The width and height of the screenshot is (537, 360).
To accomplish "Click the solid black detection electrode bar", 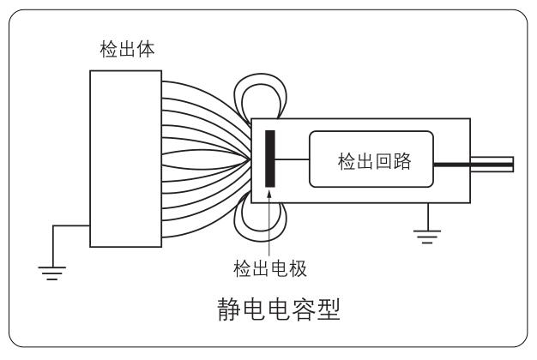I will [270, 159].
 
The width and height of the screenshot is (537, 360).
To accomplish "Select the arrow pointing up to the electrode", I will [272, 223].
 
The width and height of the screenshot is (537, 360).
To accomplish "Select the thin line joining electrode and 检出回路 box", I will [292, 160].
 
